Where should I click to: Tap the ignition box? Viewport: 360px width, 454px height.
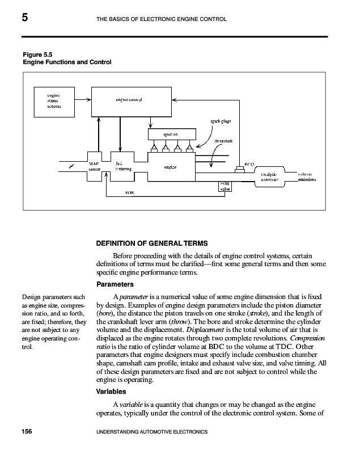pyautogui.click(x=171, y=134)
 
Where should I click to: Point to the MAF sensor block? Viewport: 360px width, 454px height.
pyautogui.click(x=95, y=167)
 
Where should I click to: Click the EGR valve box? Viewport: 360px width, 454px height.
pyautogui.click(x=226, y=186)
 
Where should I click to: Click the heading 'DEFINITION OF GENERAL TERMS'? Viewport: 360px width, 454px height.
pyautogui.click(x=152, y=243)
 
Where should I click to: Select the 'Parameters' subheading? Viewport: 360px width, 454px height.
pyautogui.click(x=115, y=284)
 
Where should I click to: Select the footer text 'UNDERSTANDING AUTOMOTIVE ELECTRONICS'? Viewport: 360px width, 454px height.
pyautogui.click(x=150, y=432)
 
